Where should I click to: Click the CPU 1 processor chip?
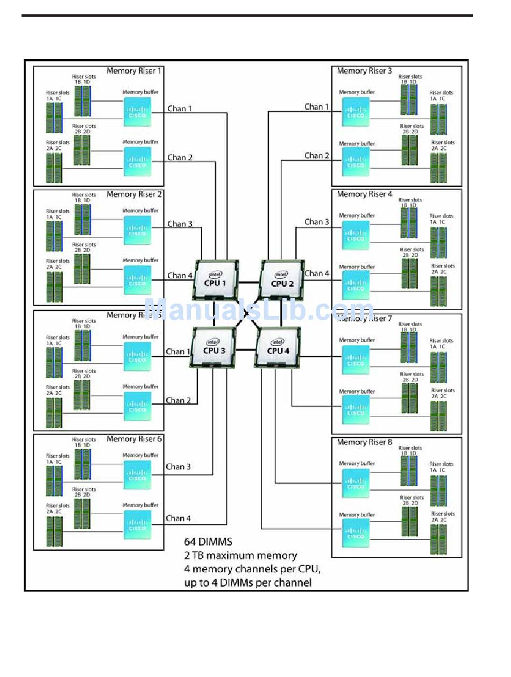pyautogui.click(x=215, y=279)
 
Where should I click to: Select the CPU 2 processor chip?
pyautogui.click(x=282, y=280)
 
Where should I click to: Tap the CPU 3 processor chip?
pyautogui.click(x=212, y=347)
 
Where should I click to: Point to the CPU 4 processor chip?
pyautogui.click(x=277, y=347)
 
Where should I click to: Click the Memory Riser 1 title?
pyautogui.click(x=133, y=71)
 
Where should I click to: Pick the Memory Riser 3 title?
pyautogui.click(x=364, y=71)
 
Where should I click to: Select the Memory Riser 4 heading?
pyautogui.click(x=364, y=194)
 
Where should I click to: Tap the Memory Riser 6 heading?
pyautogui.click(x=133, y=439)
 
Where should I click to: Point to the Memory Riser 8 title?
pyautogui.click(x=364, y=442)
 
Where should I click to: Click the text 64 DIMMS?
pyautogui.click(x=208, y=542)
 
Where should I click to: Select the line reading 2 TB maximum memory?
pyautogui.click(x=240, y=556)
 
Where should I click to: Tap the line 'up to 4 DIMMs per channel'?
pyautogui.click(x=247, y=582)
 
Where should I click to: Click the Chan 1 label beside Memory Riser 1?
pyautogui.click(x=180, y=109)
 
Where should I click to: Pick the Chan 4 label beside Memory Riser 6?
pyautogui.click(x=178, y=518)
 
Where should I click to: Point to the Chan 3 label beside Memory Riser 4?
pyautogui.click(x=317, y=221)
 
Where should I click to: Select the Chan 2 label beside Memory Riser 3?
pyautogui.click(x=317, y=156)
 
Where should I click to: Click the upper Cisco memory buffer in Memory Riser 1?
pyautogui.click(x=137, y=112)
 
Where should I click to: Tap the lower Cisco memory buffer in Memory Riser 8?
pyautogui.click(x=356, y=532)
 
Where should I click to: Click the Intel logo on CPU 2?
pyautogui.click(x=281, y=275)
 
